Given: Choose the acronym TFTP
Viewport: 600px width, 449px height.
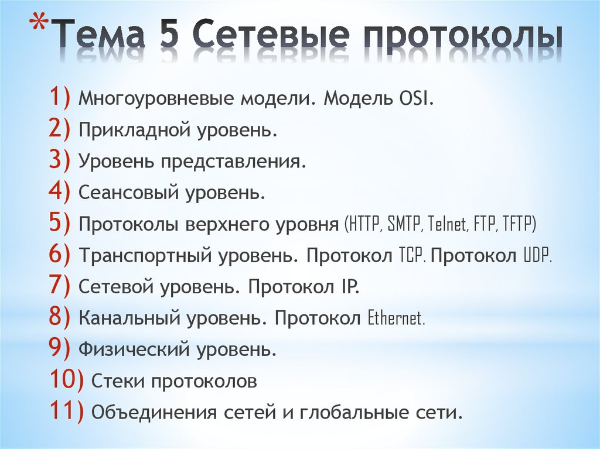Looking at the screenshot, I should (x=517, y=224).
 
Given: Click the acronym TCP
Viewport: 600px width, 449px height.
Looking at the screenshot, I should (x=412, y=256).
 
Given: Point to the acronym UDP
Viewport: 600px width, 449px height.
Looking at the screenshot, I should (x=536, y=256).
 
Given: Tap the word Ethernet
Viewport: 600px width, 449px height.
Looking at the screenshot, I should (x=396, y=319).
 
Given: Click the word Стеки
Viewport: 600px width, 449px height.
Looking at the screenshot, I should (x=117, y=382).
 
